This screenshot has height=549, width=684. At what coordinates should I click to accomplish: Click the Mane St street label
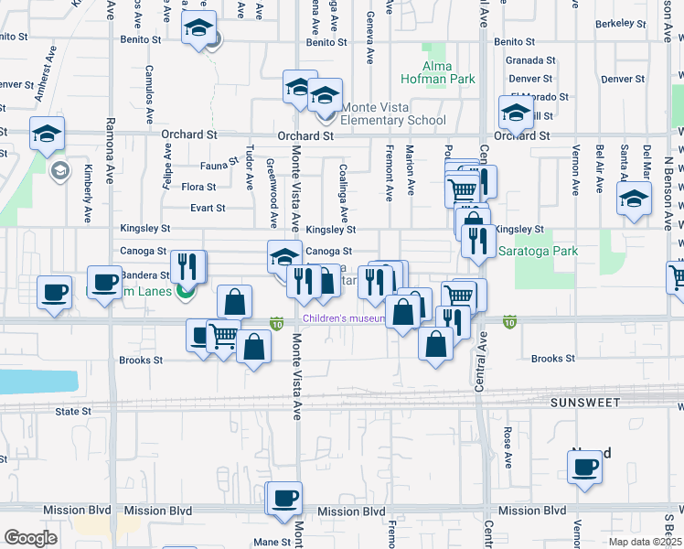273,542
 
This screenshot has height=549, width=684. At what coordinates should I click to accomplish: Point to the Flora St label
198,187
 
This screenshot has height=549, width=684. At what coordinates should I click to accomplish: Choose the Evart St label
208,208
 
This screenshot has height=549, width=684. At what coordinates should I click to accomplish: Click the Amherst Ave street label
40,82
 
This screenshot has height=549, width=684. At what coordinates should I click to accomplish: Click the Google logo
29,538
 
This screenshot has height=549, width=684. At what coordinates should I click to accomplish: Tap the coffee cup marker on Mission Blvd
284,498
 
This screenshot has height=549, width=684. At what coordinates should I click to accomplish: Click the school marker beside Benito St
198,29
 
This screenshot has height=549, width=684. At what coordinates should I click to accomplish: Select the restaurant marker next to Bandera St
189,267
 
